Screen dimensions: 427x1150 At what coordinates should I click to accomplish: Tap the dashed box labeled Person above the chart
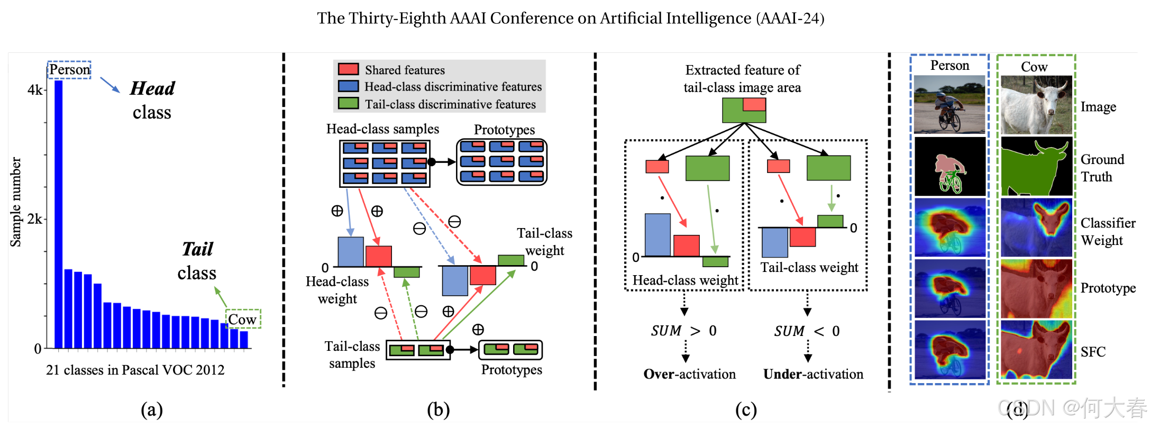(x=69, y=70)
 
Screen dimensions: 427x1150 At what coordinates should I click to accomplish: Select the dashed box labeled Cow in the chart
(x=243, y=319)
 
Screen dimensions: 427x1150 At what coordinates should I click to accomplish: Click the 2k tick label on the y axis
(x=35, y=219)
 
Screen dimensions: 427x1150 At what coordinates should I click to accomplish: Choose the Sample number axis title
(x=16, y=202)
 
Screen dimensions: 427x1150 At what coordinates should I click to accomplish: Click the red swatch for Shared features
(x=348, y=69)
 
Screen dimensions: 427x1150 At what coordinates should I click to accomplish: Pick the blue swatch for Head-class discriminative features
(x=348, y=86)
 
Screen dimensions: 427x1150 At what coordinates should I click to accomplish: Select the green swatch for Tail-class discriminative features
(x=348, y=104)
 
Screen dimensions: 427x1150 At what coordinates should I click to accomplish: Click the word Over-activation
(x=689, y=374)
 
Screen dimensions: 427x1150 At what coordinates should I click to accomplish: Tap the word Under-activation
(x=813, y=374)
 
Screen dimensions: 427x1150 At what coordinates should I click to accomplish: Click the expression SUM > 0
(x=683, y=331)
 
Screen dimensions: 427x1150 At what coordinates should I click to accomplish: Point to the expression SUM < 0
(x=807, y=331)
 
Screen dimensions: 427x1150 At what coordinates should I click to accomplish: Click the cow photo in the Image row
(x=1036, y=105)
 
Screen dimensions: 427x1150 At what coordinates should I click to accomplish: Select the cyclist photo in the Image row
(x=950, y=105)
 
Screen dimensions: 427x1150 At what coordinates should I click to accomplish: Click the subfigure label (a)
(x=152, y=410)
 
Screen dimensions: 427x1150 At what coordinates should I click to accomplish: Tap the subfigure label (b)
(x=438, y=410)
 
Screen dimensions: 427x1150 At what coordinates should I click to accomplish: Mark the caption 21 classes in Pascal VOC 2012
(x=135, y=370)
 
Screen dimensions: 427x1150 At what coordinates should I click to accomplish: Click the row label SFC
(x=1093, y=352)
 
